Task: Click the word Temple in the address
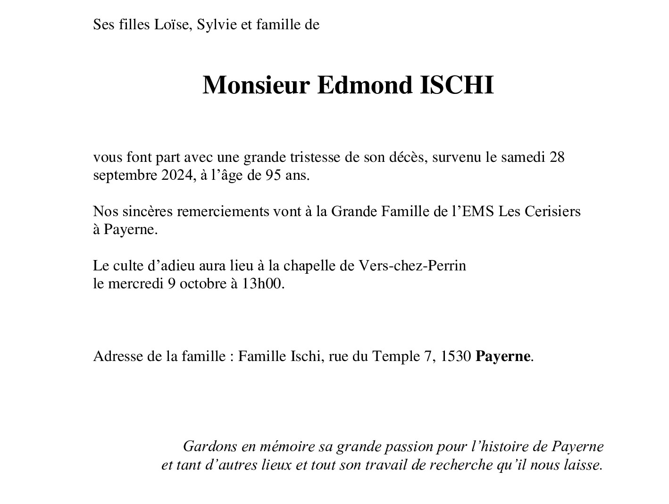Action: point(394,356)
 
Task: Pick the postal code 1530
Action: point(456,356)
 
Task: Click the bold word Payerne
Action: point(503,356)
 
